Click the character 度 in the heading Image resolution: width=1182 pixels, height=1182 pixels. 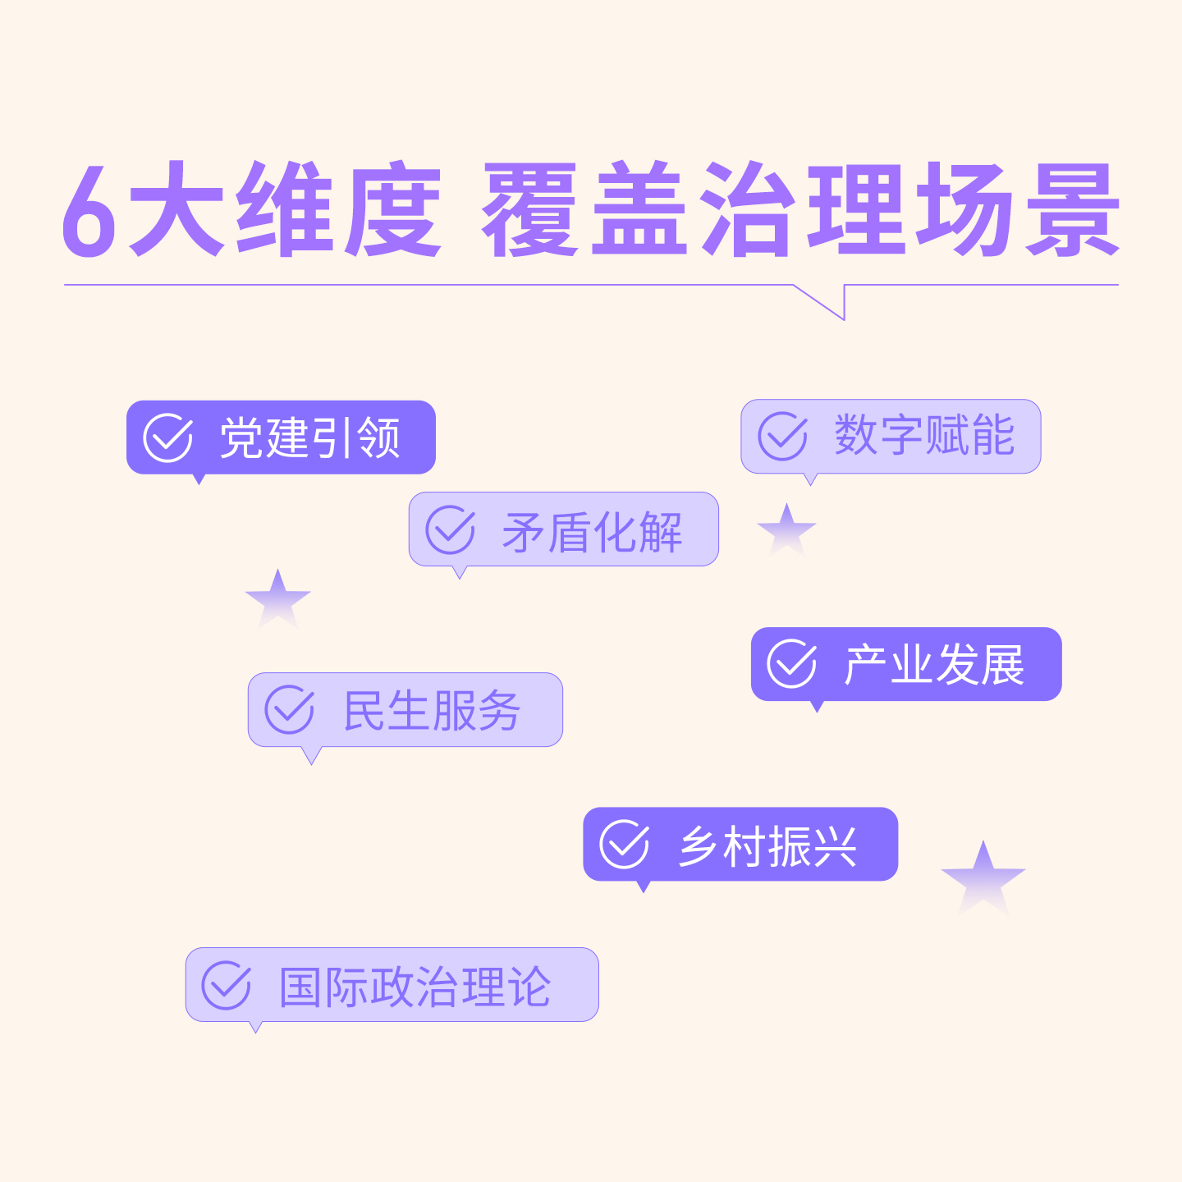pyautogui.click(x=392, y=209)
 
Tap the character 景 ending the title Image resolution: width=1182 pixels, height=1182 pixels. pyautogui.click(x=1073, y=209)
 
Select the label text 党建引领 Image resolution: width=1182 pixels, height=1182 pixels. pyautogui.click(x=309, y=438)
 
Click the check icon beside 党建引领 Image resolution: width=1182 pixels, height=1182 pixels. pyautogui.click(x=168, y=438)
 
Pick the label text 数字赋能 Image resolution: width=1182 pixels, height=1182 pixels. pyautogui.click(x=924, y=435)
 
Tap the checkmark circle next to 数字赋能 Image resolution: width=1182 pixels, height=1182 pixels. pyautogui.click(x=782, y=436)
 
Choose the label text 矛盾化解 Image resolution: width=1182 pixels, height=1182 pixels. pyautogui.click(x=592, y=532)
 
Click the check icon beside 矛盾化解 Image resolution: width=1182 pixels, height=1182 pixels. pyautogui.click(x=450, y=530)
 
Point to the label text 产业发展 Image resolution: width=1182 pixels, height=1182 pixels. pyautogui.click(x=934, y=665)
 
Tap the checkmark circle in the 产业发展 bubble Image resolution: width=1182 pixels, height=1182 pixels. pyautogui.click(x=791, y=664)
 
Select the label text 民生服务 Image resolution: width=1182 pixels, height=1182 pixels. pyautogui.click(x=432, y=711)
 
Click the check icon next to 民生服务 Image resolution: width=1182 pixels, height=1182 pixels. pyautogui.click(x=289, y=710)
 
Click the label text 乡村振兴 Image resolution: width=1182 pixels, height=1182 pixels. pyautogui.click(x=767, y=846)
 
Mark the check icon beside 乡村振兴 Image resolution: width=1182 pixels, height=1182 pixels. pyautogui.click(x=624, y=845)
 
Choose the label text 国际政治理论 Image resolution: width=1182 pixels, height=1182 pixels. pyautogui.click(x=415, y=987)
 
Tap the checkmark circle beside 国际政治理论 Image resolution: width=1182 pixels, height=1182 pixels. pyautogui.click(x=226, y=985)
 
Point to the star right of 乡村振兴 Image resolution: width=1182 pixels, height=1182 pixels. pyautogui.click(x=983, y=877)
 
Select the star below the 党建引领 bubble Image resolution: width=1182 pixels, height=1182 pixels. pyautogui.click(x=278, y=597)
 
